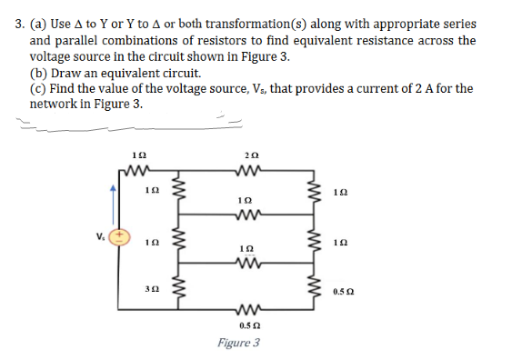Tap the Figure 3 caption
(x=238, y=343)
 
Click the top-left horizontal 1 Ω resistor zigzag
(x=139, y=170)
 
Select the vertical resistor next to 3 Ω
(x=179, y=291)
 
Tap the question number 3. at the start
(x=19, y=25)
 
